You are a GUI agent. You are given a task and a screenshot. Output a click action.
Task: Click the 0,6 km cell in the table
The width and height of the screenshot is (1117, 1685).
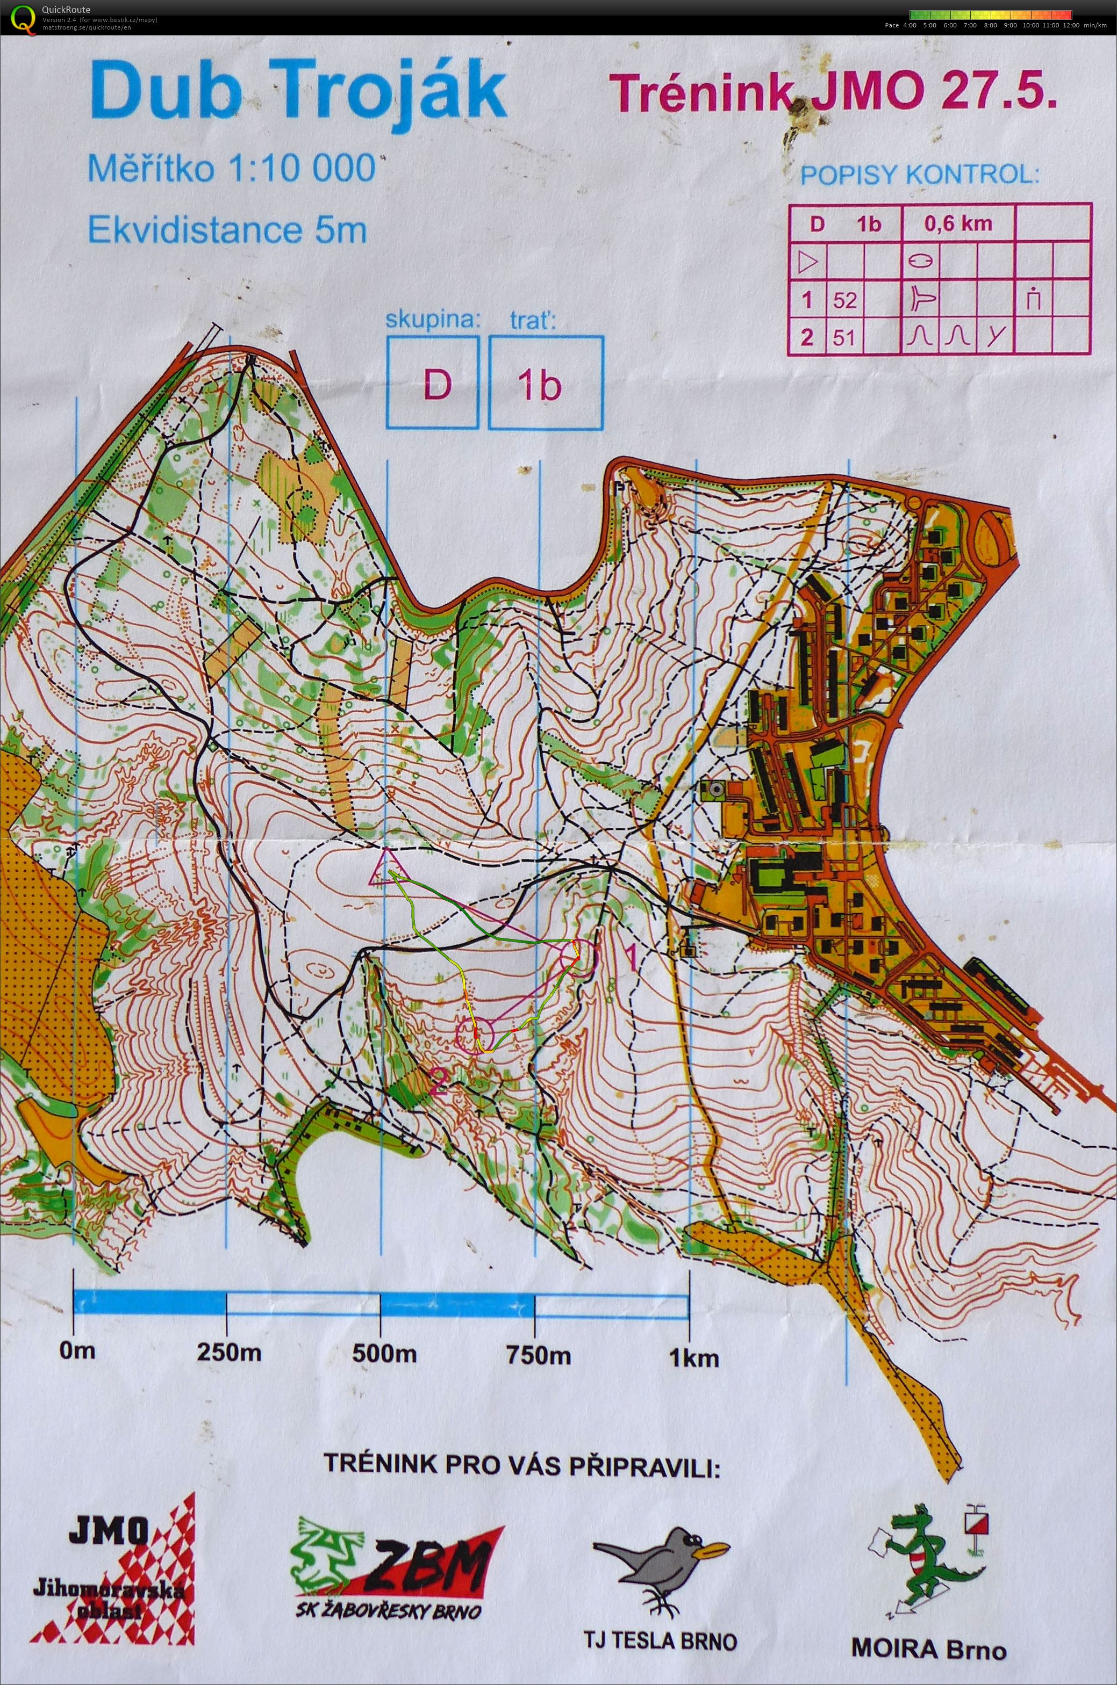pyautogui.click(x=957, y=223)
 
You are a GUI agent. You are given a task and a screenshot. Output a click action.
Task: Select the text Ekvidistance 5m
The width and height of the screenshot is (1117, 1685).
pyautogui.click(x=226, y=230)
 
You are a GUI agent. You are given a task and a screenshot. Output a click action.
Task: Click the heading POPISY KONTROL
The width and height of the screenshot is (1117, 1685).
pyautogui.click(x=920, y=175)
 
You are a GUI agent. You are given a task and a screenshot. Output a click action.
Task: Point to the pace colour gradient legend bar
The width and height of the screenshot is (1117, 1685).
pyautogui.click(x=990, y=13)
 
